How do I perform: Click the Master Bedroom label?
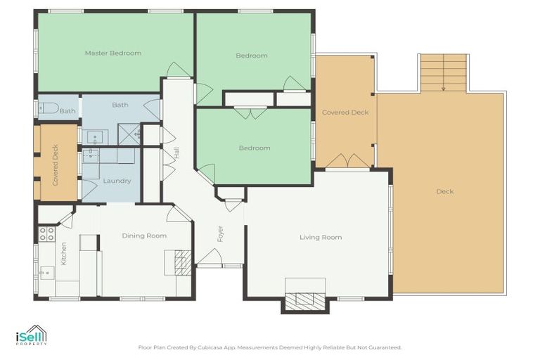(112, 53)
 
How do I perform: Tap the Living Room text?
(321, 238)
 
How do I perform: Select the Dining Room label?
(144, 236)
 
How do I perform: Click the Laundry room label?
(117, 181)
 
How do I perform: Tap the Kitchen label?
(63, 253)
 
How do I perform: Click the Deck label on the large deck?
(444, 191)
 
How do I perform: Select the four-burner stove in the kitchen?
(46, 233)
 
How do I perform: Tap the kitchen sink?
(46, 271)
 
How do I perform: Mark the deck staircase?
(444, 73)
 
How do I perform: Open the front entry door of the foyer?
(210, 259)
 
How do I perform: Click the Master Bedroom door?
(178, 70)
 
